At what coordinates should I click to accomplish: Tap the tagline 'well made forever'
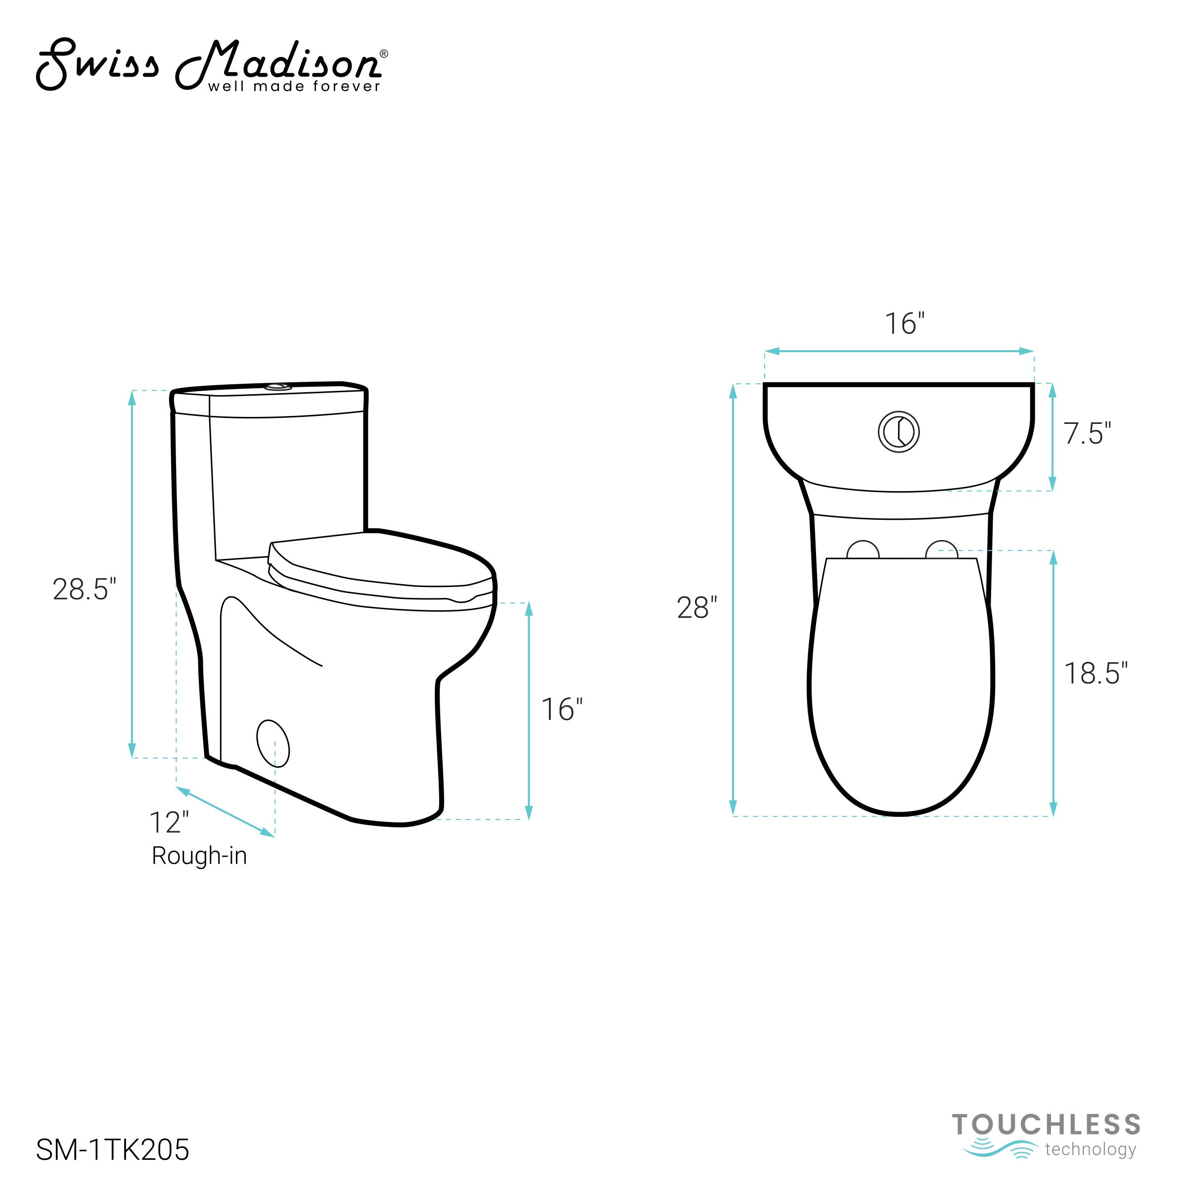[x=294, y=87]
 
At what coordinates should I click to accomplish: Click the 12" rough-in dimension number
[x=170, y=822]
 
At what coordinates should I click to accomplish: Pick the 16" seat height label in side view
[x=561, y=710]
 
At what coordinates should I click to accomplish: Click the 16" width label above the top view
[x=905, y=324]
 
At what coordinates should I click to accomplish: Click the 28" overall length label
[x=697, y=608]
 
